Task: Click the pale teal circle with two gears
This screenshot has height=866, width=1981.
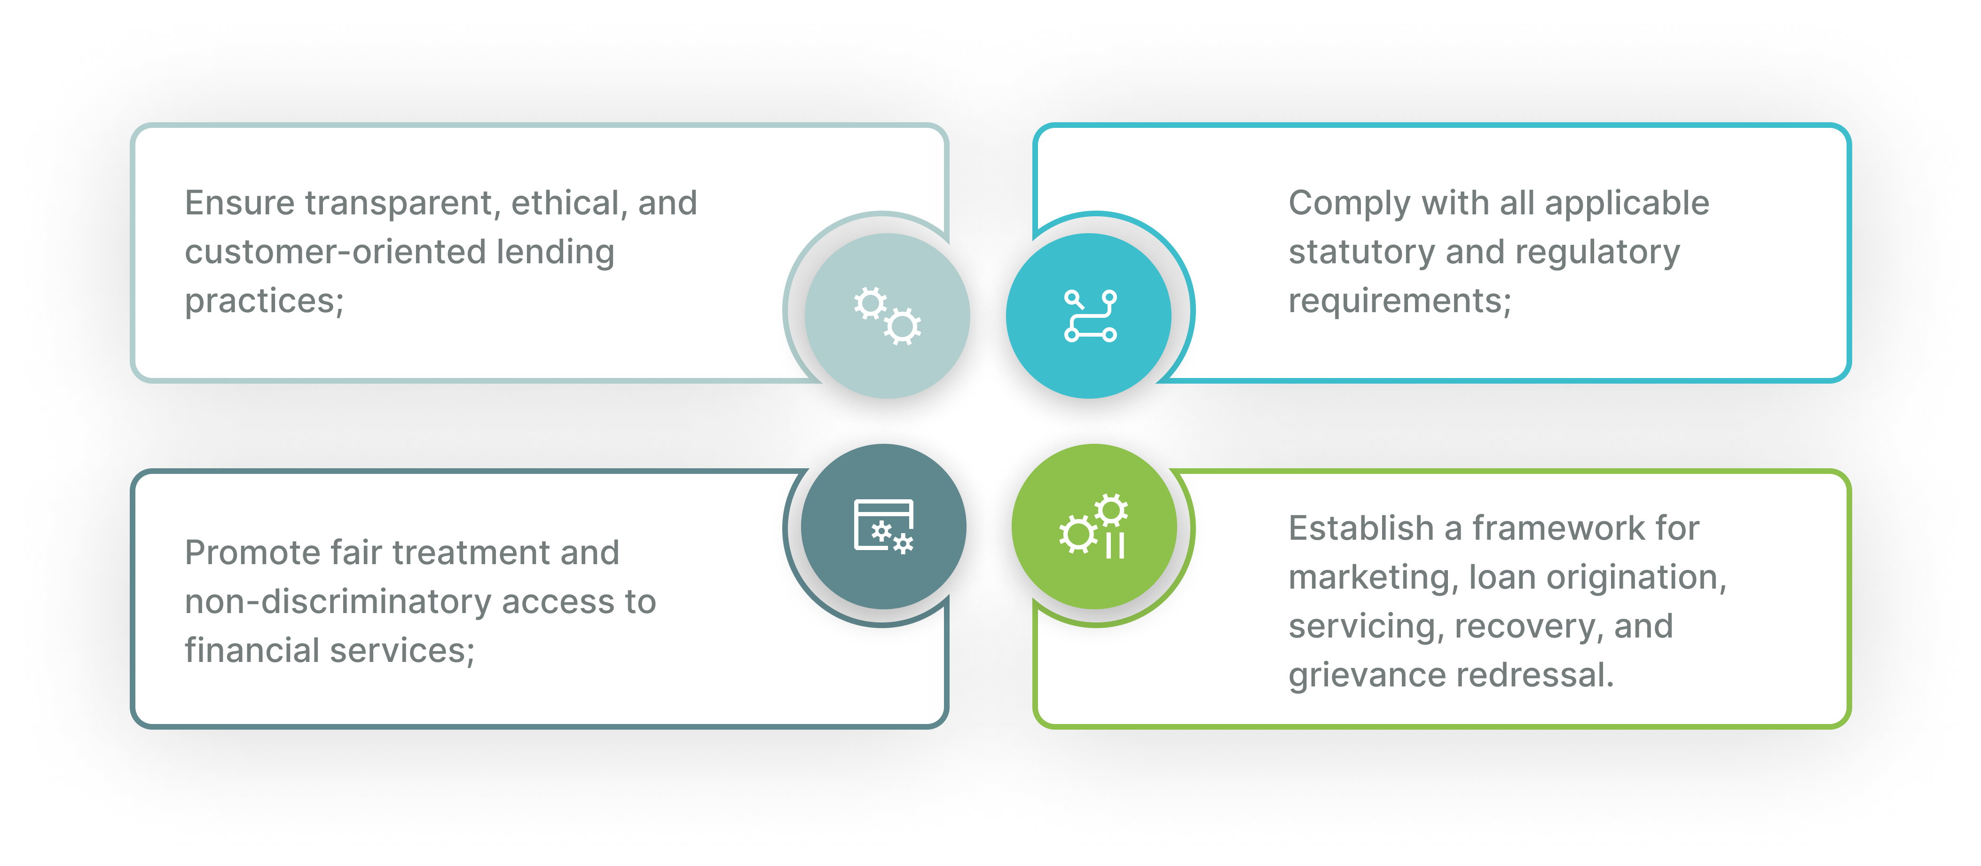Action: [888, 315]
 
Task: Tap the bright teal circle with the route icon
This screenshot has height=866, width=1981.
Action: [1090, 315]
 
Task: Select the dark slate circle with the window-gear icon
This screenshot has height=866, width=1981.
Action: [884, 527]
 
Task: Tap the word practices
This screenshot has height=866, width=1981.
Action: [260, 301]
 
